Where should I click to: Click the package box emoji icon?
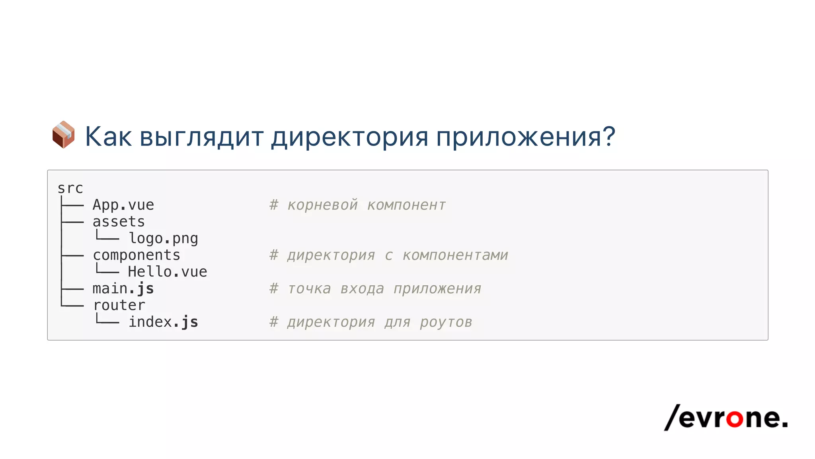click(64, 135)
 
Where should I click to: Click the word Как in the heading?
click(108, 137)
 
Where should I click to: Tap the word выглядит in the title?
click(202, 137)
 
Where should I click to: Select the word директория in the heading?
click(350, 137)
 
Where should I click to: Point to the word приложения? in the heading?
click(526, 137)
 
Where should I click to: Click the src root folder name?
click(70, 188)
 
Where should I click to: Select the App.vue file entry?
click(123, 205)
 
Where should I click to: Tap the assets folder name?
click(119, 222)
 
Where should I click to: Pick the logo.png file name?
click(163, 238)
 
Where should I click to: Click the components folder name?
click(136, 255)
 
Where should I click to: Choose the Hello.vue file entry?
click(168, 272)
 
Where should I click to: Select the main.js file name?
click(123, 288)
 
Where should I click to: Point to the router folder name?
click(119, 305)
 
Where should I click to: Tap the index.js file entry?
click(163, 322)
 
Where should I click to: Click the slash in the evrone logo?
click(672, 417)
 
